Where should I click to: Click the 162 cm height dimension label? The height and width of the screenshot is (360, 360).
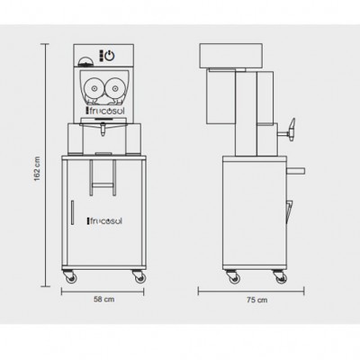[x=37, y=169]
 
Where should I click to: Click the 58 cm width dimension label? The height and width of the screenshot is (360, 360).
[x=103, y=299]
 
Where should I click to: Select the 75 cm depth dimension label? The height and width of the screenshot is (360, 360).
[x=257, y=300]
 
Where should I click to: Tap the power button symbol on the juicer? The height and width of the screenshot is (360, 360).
[x=110, y=56]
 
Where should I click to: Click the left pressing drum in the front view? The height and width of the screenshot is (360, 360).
[x=94, y=88]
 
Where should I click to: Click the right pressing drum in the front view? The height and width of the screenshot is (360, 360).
[x=114, y=88]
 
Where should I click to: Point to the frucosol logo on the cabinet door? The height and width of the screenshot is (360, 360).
[x=104, y=221]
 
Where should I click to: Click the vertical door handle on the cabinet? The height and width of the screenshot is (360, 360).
[x=72, y=212]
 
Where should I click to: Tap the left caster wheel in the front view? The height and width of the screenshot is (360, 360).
[x=71, y=277]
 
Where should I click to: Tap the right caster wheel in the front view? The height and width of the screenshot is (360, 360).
[x=139, y=277]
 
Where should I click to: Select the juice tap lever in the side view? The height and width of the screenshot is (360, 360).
[x=291, y=129]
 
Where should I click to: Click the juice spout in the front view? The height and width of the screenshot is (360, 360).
[x=103, y=130]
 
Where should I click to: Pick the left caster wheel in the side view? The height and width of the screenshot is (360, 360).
[x=233, y=277]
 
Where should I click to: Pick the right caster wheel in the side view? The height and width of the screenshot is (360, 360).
[x=280, y=277]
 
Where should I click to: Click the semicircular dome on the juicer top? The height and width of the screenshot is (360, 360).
[x=85, y=62]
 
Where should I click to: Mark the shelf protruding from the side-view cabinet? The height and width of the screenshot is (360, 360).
[x=295, y=171]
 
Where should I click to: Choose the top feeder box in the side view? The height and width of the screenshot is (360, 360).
[x=231, y=56]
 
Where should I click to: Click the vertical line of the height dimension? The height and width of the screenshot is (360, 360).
[x=46, y=165]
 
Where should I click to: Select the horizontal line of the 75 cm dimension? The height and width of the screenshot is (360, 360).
[x=251, y=291]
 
